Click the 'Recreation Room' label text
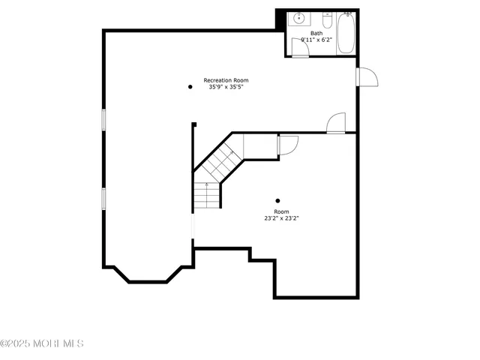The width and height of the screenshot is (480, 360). click(x=226, y=80)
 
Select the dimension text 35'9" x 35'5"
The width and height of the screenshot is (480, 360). click(x=226, y=87)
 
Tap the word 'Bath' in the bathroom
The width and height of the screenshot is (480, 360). click(x=316, y=33)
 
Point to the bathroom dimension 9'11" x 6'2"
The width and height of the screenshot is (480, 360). click(x=316, y=40)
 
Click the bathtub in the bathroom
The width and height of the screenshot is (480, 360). click(x=346, y=33)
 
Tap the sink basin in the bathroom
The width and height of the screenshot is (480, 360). click(x=298, y=19)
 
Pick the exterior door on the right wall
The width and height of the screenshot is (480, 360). click(x=368, y=76)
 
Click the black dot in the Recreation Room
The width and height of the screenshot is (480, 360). click(x=190, y=87)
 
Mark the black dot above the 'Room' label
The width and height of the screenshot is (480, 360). click(x=278, y=200)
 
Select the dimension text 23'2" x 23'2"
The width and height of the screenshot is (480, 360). click(x=281, y=219)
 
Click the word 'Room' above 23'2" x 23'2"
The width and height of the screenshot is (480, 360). click(x=281, y=211)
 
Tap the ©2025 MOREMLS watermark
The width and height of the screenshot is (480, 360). click(x=42, y=343)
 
